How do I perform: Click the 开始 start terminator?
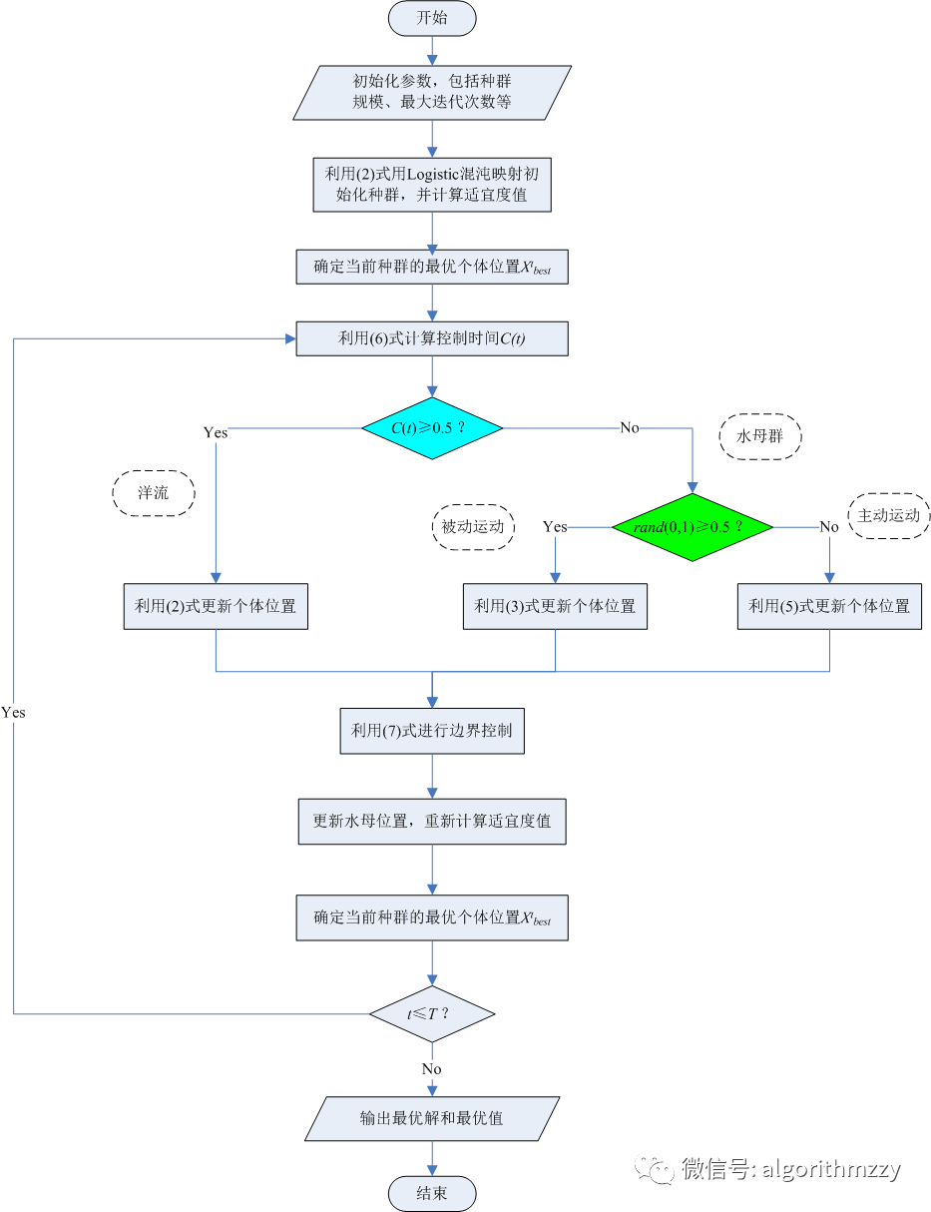point(432,17)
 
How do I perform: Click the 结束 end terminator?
point(432,1194)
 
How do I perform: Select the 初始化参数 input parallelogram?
point(432,92)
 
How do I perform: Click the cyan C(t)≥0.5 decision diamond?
point(432,428)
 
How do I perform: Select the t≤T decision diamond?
point(432,1014)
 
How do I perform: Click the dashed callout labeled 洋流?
point(153,493)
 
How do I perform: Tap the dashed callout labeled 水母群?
point(758,436)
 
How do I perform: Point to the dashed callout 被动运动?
point(474,526)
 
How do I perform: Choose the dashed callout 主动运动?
point(890,516)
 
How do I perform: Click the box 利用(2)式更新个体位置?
point(216,606)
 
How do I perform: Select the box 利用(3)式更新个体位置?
point(555,606)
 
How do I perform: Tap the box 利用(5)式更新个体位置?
point(829,606)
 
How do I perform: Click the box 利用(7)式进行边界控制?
point(432,731)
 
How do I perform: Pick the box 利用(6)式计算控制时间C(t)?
point(432,338)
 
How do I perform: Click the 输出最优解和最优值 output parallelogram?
point(432,1118)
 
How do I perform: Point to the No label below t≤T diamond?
point(432,1068)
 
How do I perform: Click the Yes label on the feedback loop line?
point(14,713)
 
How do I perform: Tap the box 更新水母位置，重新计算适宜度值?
point(432,821)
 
